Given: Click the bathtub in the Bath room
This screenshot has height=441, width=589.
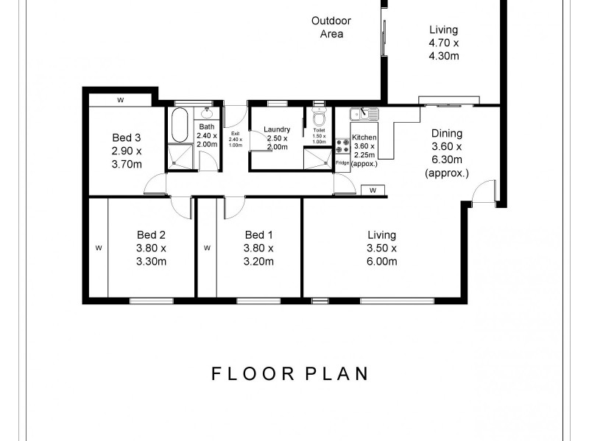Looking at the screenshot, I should tap(180, 126).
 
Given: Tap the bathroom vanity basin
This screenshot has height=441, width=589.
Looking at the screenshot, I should tap(207, 114).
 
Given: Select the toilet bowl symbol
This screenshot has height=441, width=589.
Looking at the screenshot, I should tap(319, 119).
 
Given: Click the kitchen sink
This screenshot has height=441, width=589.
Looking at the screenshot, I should tap(363, 113).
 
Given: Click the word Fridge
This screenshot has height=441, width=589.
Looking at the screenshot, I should tap(342, 162).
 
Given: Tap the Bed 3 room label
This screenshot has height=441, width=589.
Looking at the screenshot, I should tap(127, 137).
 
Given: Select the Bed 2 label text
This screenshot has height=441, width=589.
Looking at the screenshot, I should tap(151, 235).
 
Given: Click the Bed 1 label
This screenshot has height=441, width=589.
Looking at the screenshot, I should tap(259, 235).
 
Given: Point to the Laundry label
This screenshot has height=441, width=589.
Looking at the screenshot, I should tap(278, 130).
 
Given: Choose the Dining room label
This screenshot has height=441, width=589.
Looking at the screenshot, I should tap(447, 133).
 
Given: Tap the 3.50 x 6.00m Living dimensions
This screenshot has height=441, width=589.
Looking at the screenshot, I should tap(382, 254).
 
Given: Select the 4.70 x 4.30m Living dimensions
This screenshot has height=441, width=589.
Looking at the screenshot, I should tap(444, 49).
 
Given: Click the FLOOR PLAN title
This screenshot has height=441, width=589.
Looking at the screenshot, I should tap(289, 373).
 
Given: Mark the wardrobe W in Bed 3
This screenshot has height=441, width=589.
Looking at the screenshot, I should tap(120, 99).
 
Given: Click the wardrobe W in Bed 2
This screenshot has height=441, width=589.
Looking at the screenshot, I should tap(98, 248).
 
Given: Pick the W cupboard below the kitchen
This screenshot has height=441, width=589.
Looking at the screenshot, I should tap(373, 190).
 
